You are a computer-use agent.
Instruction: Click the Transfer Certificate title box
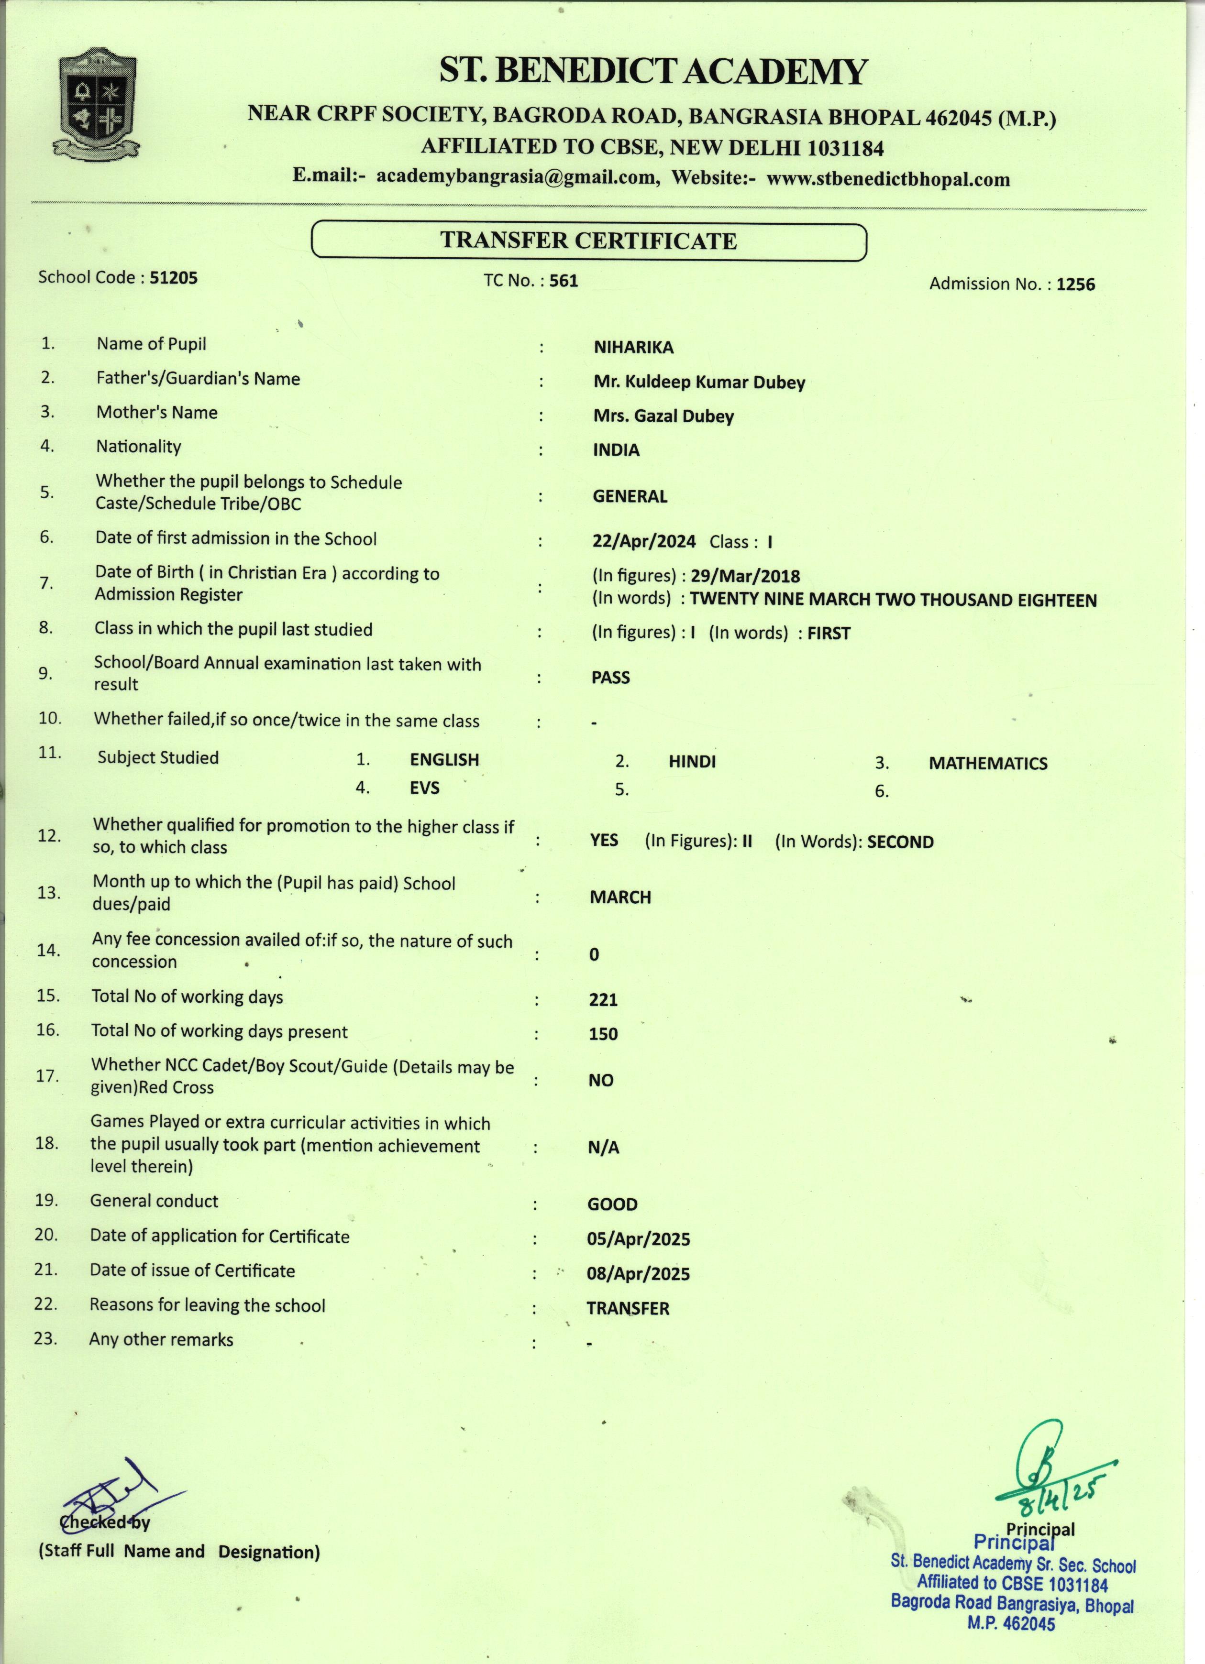click(588, 241)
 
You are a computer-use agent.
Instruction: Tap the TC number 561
click(564, 281)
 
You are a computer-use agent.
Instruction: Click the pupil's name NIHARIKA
click(633, 348)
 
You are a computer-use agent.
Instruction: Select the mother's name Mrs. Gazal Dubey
click(663, 417)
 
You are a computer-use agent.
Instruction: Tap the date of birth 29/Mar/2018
click(745, 577)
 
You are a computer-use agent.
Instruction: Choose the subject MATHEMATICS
click(988, 764)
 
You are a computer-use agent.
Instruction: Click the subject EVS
click(424, 788)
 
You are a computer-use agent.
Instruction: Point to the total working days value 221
click(603, 1000)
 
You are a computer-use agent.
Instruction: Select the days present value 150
click(603, 1034)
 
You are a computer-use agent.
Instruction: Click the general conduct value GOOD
click(612, 1204)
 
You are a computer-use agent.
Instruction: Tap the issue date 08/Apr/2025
click(638, 1274)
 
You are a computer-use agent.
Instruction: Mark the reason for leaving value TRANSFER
click(628, 1309)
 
